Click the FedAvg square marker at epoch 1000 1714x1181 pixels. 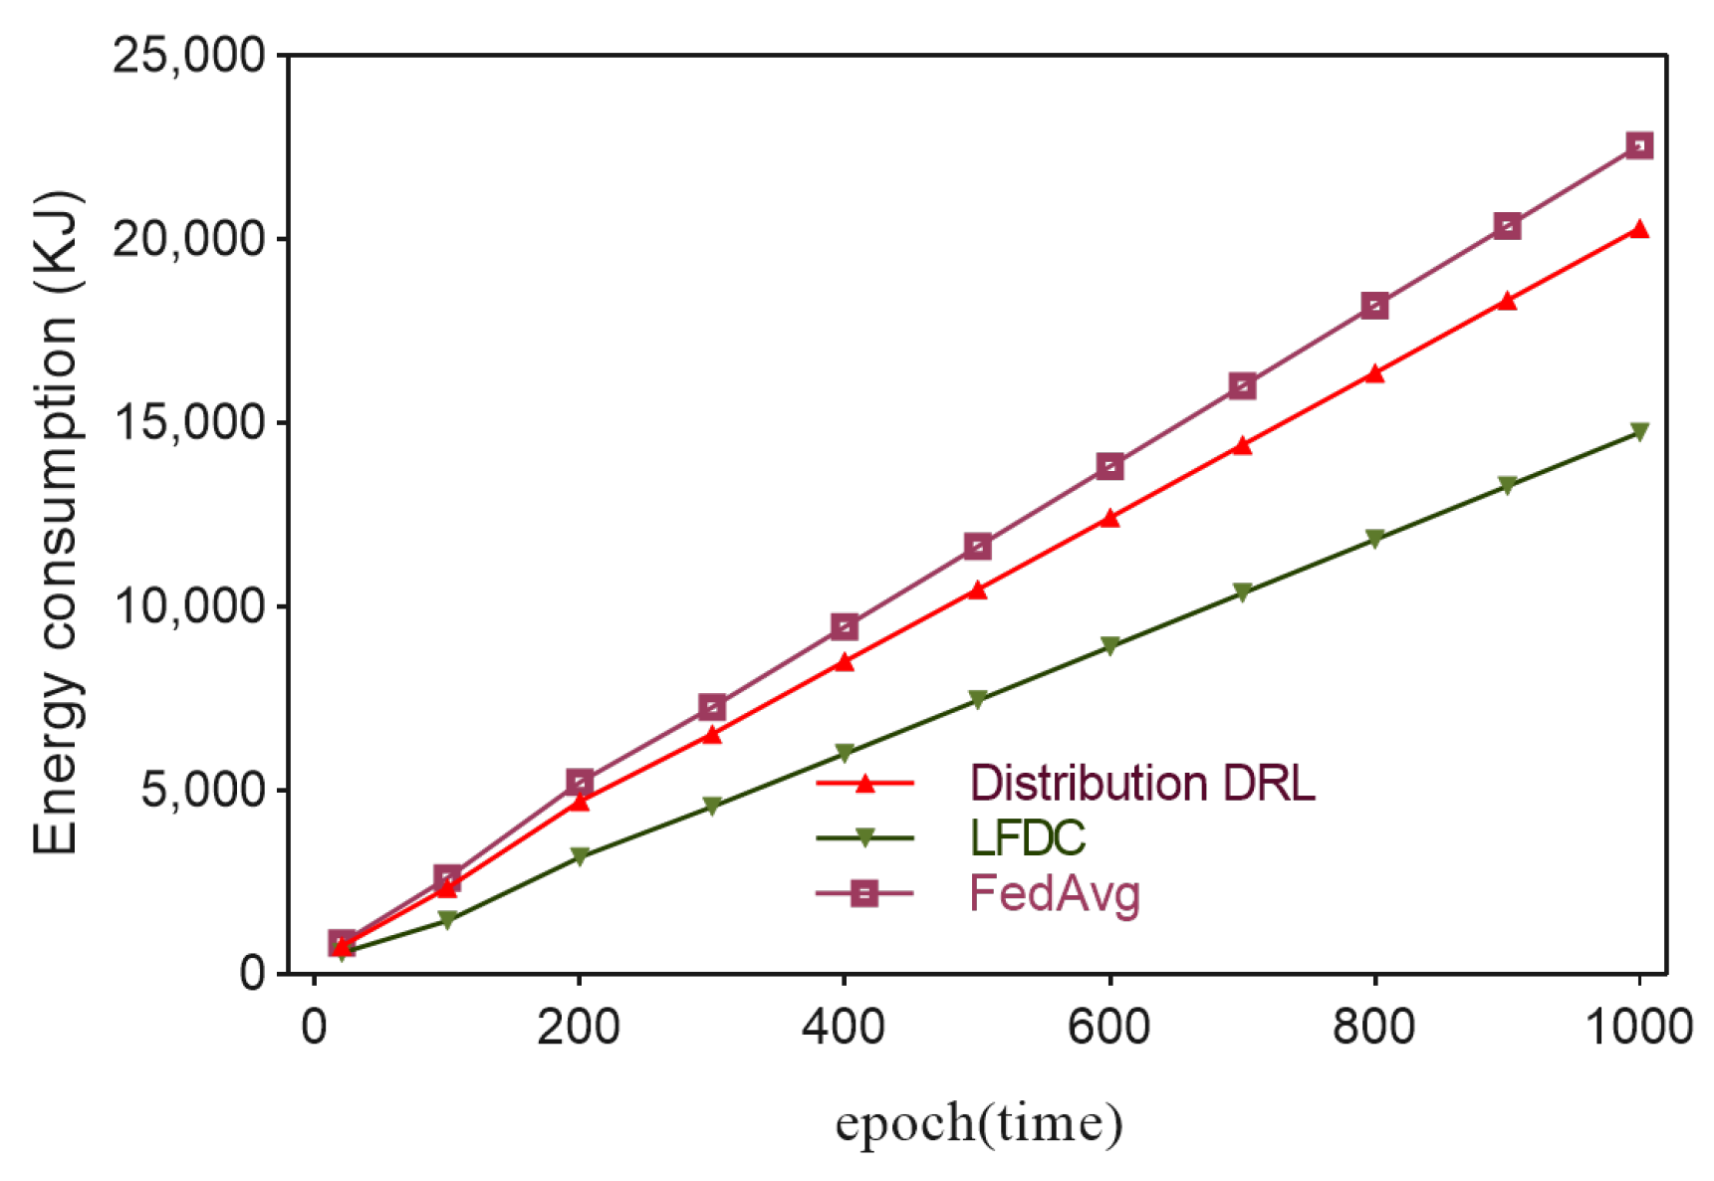click(1638, 146)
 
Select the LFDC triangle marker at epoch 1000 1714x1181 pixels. click(1638, 431)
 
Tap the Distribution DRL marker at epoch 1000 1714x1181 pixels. click(1638, 230)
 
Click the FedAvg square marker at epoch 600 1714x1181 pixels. click(1109, 466)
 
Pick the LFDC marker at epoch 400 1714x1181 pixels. click(845, 752)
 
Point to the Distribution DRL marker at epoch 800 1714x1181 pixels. click(1374, 374)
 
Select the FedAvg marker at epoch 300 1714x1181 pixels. click(712, 708)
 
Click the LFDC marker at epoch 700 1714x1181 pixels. click(1242, 591)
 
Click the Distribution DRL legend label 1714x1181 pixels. click(1141, 784)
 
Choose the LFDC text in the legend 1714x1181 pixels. click(1027, 838)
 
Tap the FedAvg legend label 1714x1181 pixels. click(1054, 893)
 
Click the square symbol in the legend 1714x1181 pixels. click(864, 893)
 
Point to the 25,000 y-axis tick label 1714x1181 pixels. click(188, 56)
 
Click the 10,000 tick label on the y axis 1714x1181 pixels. click(188, 605)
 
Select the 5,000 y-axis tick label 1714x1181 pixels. click(203, 790)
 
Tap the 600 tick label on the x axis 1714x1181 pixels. click(1108, 1027)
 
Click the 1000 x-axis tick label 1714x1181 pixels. click(1638, 1027)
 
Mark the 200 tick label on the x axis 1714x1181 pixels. click(579, 1027)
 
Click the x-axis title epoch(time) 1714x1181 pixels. click(978, 1123)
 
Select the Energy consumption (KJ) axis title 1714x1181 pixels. click(56, 522)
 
